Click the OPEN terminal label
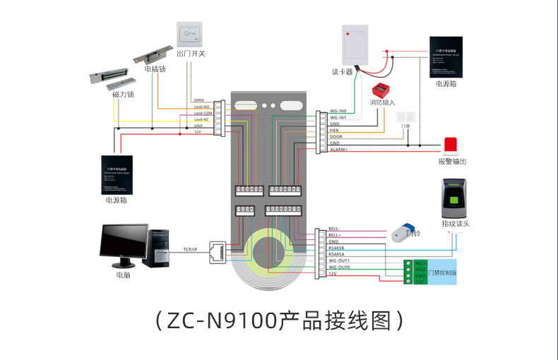pos(198,100)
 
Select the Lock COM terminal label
pos(203,113)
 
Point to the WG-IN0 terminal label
pos(338,111)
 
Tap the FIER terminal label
pos(336,130)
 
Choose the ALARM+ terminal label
pos(338,149)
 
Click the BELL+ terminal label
pos(336,235)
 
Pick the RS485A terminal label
pos(337,254)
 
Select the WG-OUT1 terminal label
pos(340,261)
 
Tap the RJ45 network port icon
pos(218,250)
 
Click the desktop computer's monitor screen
pos(124,242)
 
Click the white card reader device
pos(356,45)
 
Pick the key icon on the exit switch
pos(190,32)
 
